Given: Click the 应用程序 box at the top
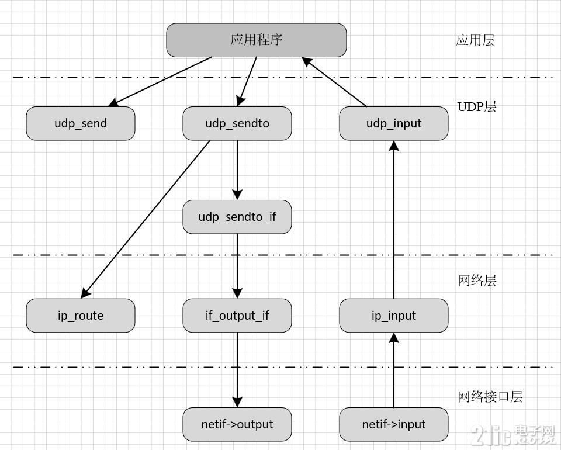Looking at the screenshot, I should (256, 40).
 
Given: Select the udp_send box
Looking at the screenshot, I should (81, 123).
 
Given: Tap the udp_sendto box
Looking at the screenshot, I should (237, 123).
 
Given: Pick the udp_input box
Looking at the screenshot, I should (394, 123).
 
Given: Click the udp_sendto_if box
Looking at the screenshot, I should (237, 217).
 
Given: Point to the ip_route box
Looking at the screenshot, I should (81, 316).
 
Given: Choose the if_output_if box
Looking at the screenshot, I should (237, 316).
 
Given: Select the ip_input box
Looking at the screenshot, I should (394, 316).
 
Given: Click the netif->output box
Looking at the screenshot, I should (237, 424).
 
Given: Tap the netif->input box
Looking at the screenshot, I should (394, 424).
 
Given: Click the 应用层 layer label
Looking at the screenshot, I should (475, 40).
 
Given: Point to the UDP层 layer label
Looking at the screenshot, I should (477, 106).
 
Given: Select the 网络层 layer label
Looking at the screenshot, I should (477, 281).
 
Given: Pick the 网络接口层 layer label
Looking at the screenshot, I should (490, 397).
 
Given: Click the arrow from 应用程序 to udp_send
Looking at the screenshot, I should (161, 81).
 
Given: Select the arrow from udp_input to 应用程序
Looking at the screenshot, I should (334, 82).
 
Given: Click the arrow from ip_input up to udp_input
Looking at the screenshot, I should (394, 222).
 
